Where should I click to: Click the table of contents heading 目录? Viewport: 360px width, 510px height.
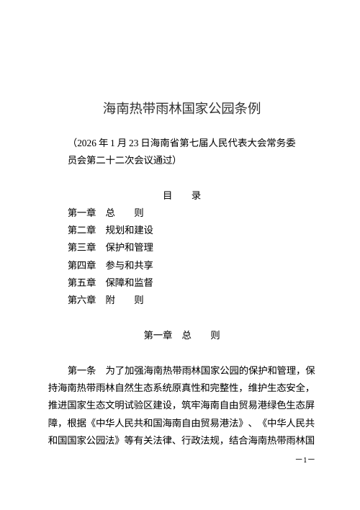click(181, 195)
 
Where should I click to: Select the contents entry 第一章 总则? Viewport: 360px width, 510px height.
click(105, 212)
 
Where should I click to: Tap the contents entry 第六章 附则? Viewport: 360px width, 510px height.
click(105, 299)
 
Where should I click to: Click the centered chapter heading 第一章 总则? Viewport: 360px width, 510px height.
click(181, 335)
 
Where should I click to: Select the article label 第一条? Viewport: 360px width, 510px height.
click(81, 370)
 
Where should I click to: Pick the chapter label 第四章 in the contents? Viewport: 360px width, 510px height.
click(81, 264)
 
